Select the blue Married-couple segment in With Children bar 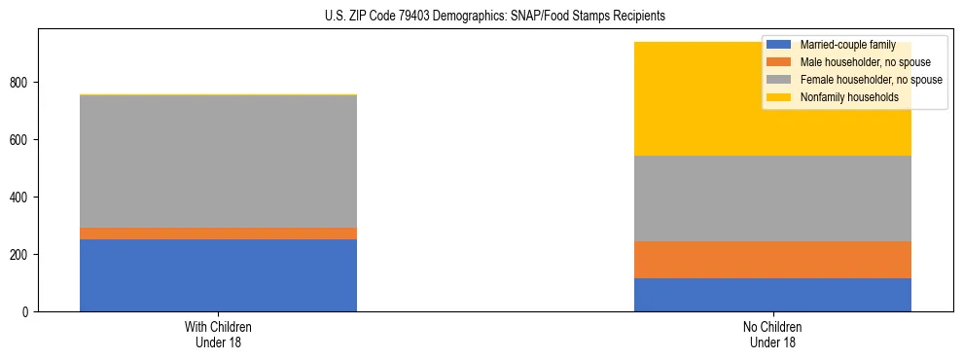218,275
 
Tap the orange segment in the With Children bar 218,234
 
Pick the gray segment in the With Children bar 218,162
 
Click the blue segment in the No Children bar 772,295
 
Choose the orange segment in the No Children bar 772,260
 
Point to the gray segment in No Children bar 772,198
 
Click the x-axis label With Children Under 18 218,334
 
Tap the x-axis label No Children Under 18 772,334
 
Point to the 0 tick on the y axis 27,312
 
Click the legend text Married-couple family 847,45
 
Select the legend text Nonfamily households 842,97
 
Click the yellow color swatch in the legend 779,97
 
